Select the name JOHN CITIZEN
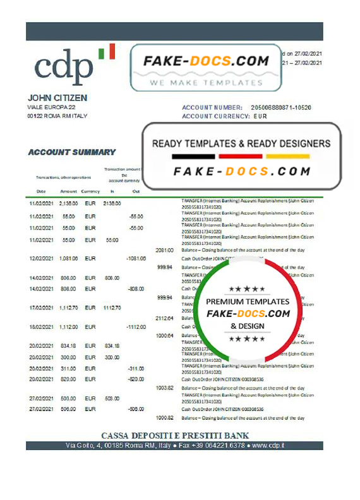[57, 98]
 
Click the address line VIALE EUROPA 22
[54, 108]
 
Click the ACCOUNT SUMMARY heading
[72, 152]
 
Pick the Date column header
[41, 191]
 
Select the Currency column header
[90, 191]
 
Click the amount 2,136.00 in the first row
[68, 204]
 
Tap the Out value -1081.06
[136, 258]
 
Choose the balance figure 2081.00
[164, 250]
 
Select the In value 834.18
[111, 346]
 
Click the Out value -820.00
[136, 379]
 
